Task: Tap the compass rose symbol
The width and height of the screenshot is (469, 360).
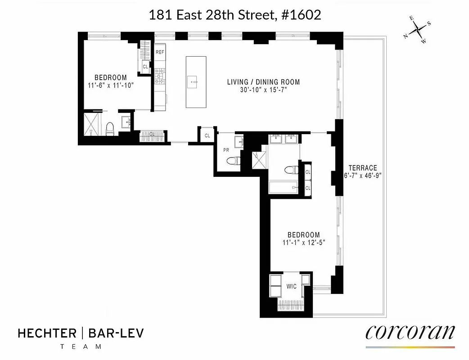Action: click(419, 31)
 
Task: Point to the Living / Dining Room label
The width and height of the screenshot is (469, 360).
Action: click(263, 82)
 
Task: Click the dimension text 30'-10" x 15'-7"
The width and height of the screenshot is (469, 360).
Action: click(263, 90)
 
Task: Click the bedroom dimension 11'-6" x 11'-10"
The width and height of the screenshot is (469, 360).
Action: click(110, 85)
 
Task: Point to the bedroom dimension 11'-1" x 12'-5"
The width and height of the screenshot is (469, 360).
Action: click(304, 242)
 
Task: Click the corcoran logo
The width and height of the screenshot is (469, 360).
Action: click(410, 333)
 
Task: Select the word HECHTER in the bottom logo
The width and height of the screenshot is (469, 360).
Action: click(47, 333)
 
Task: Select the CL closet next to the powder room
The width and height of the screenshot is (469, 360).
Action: click(207, 135)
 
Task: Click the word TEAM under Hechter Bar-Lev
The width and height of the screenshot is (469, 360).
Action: click(81, 346)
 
